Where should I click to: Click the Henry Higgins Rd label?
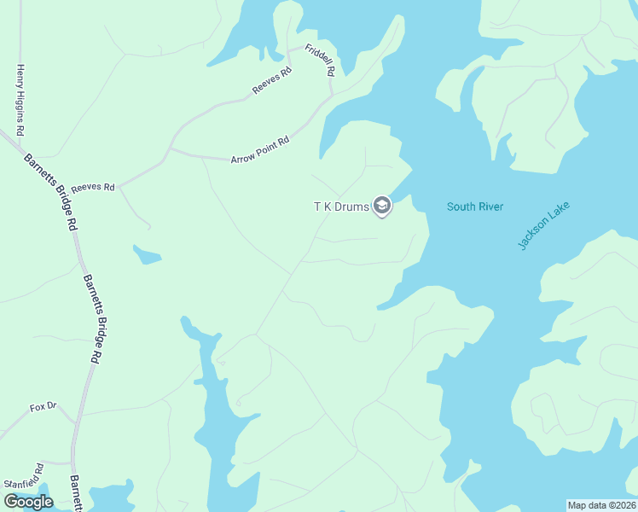coord(19,101)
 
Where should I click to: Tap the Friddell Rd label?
coord(318,61)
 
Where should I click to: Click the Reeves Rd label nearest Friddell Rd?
coord(272,81)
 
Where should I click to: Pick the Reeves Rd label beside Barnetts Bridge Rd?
coord(92,187)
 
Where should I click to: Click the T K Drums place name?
coord(341,207)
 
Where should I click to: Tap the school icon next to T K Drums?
coord(382,207)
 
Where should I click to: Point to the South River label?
coord(475,207)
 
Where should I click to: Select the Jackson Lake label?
coord(543,225)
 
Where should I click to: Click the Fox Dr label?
coord(43,407)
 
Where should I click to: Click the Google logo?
coord(28,502)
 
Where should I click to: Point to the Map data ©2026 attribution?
coord(601,505)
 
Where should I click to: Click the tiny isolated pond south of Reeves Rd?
coord(146,254)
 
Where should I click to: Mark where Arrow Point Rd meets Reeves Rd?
coord(170,148)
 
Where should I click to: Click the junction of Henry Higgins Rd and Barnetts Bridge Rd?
coord(19,138)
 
